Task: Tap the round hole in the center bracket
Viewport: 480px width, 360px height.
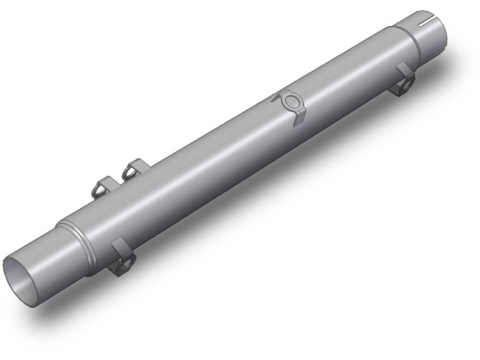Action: pyautogui.click(x=291, y=102)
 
